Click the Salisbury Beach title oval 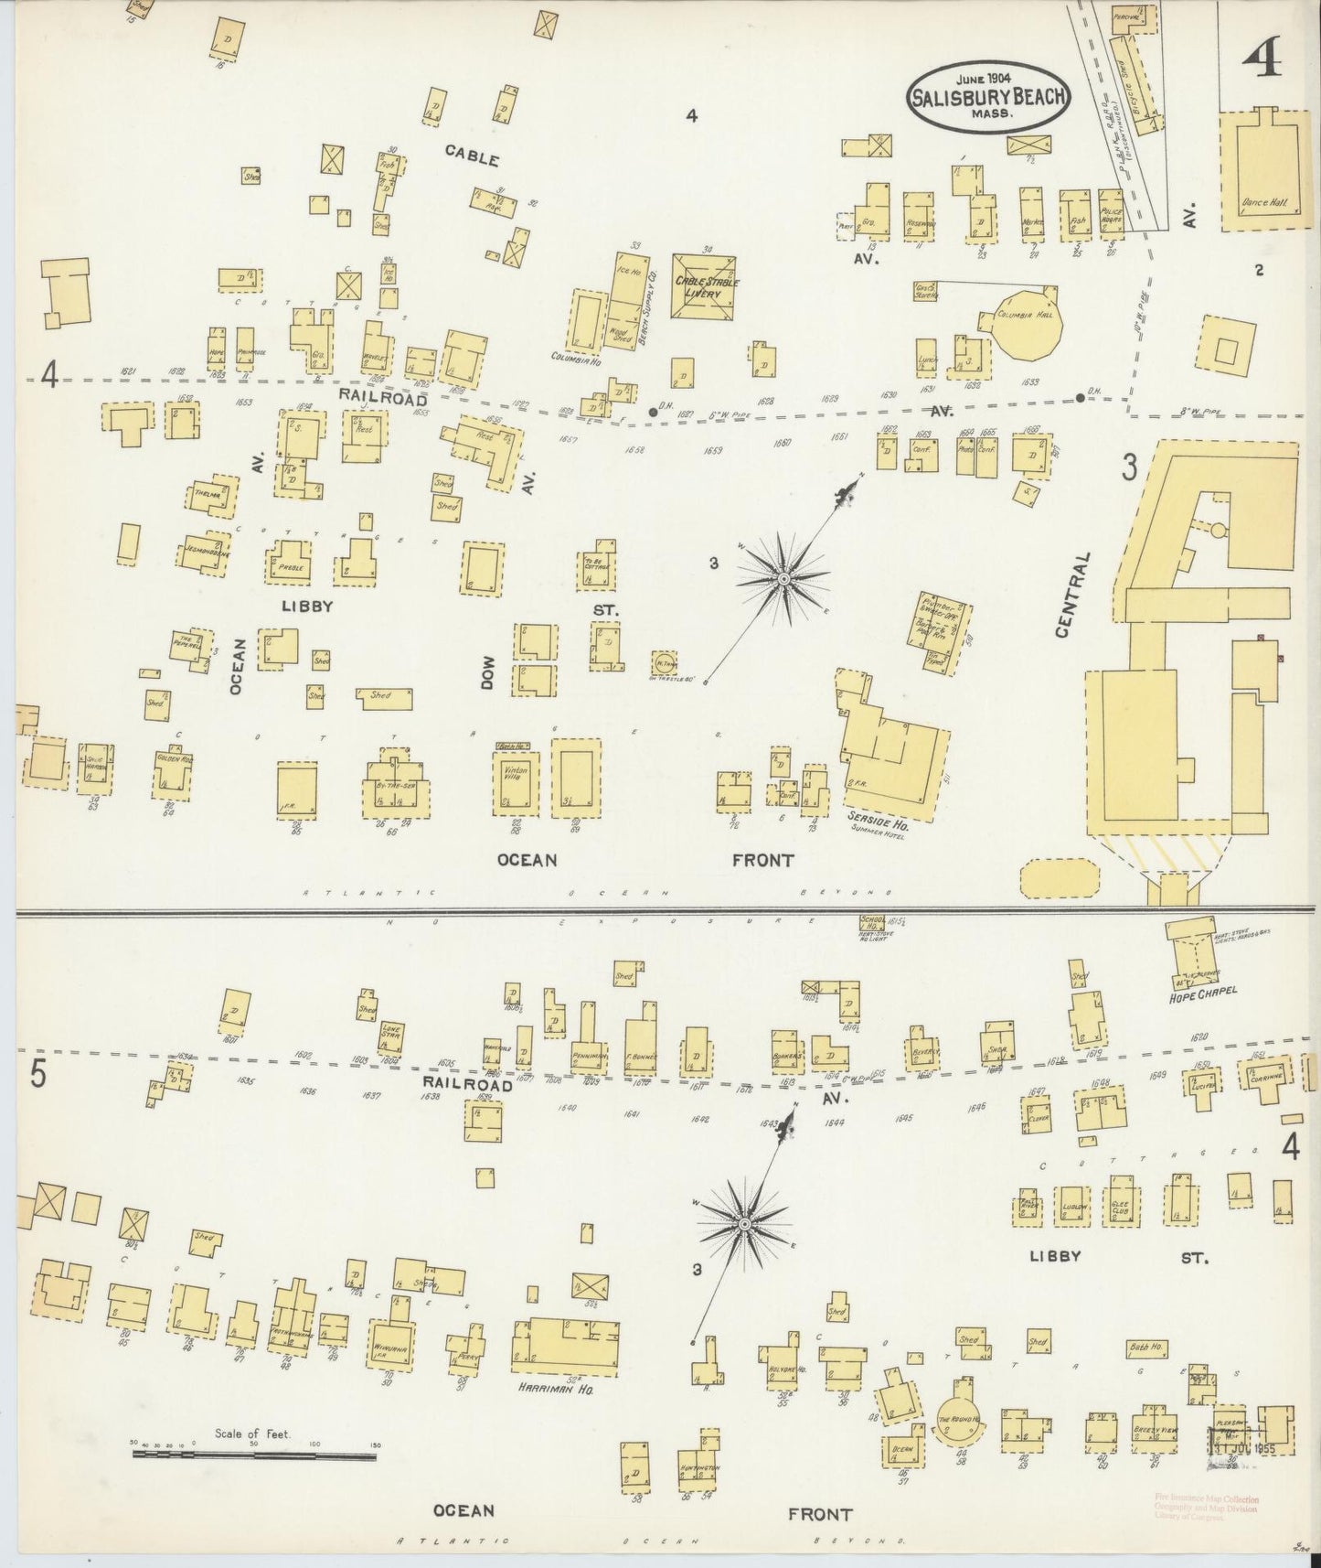coord(988,99)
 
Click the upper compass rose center coord(783,579)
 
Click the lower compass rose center coord(745,1224)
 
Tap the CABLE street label coord(472,156)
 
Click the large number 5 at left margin coord(37,1074)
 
